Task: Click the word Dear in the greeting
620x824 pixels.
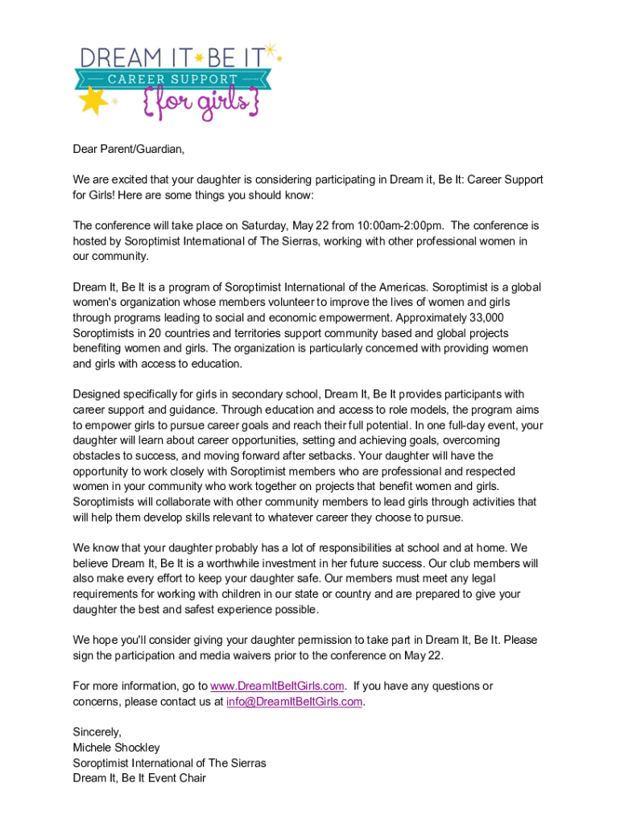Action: click(85, 149)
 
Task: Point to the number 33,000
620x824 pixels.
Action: click(482, 317)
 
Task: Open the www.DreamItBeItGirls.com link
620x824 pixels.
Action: click(278, 686)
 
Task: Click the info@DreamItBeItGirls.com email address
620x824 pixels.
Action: click(295, 701)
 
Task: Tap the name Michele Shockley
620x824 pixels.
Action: click(116, 748)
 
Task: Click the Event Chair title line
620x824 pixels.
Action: click(139, 778)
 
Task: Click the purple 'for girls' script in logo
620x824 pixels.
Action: click(200, 105)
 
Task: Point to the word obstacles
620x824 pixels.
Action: click(97, 455)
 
